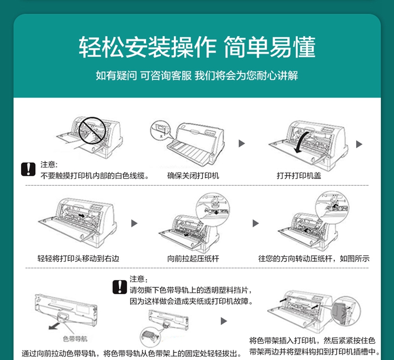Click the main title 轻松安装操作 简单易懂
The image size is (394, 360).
[x=197, y=47]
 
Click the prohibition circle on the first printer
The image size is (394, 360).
[x=92, y=131]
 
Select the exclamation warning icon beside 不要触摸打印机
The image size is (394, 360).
[x=28, y=169]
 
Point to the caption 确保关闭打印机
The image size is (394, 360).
[x=193, y=175]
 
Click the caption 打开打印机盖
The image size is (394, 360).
[x=299, y=175]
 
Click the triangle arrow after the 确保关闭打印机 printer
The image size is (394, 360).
[x=242, y=143]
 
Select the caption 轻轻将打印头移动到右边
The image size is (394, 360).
[x=78, y=258]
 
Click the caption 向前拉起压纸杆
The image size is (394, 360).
[x=193, y=258]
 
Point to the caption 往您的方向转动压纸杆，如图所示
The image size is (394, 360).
[x=314, y=258]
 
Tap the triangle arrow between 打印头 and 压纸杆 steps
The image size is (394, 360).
[x=134, y=223]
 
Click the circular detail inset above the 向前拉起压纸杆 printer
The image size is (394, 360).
[x=213, y=209]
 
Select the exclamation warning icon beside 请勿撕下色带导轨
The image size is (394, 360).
[x=120, y=287]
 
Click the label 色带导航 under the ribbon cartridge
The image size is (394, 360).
[x=75, y=338]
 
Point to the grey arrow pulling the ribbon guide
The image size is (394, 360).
[x=54, y=326]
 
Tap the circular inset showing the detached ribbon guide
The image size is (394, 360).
[x=151, y=337]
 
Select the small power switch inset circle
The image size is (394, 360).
[x=160, y=131]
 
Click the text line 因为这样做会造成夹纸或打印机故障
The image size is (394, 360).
[x=191, y=301]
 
